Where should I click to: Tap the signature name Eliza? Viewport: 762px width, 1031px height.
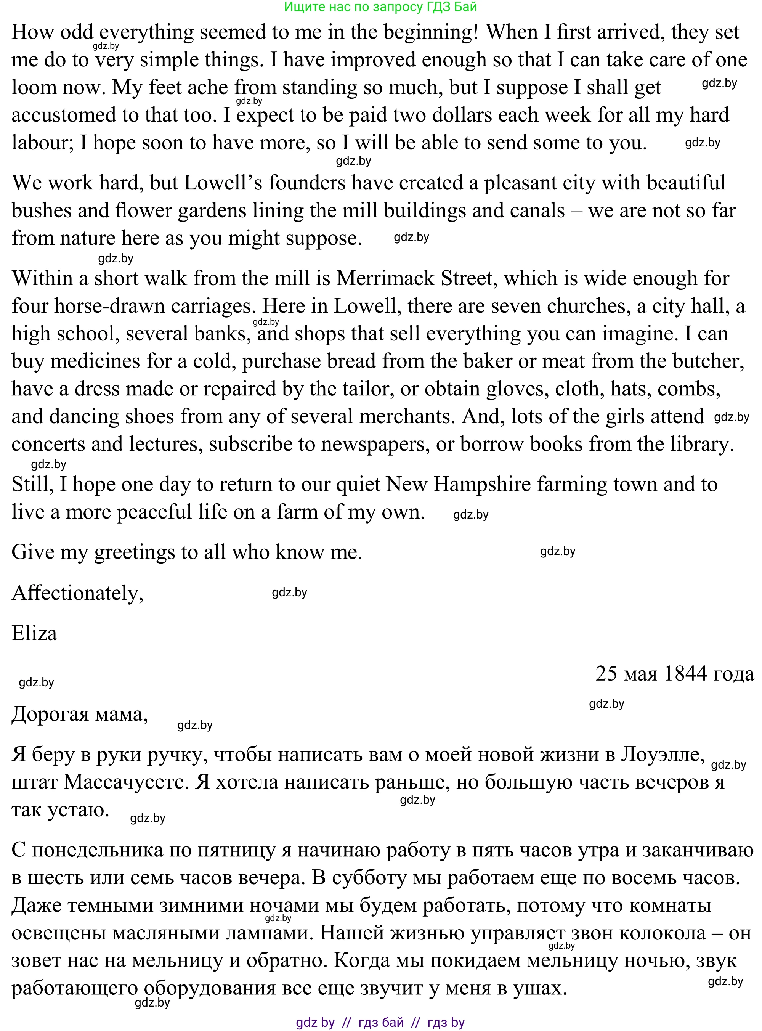click(34, 633)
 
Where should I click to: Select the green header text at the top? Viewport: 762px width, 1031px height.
click(380, 6)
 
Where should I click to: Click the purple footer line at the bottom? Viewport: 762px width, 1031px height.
click(380, 1023)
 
